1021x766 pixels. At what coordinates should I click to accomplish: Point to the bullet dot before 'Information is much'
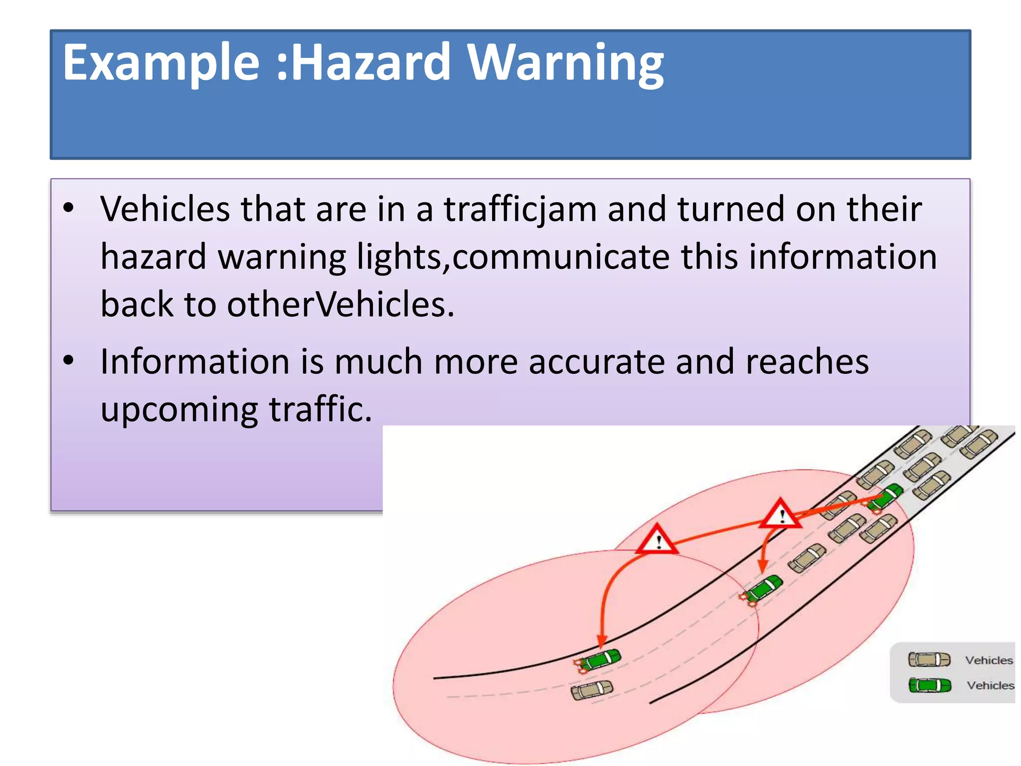click(69, 360)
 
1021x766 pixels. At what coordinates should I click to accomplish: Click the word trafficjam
click(520, 209)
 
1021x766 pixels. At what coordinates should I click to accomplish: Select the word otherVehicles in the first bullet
click(340, 304)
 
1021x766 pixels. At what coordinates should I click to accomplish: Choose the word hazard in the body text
click(154, 256)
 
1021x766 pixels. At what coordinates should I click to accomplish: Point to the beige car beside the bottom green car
click(592, 690)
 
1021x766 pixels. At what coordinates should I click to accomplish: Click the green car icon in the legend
click(929, 685)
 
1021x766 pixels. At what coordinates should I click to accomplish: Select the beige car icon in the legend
click(929, 659)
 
